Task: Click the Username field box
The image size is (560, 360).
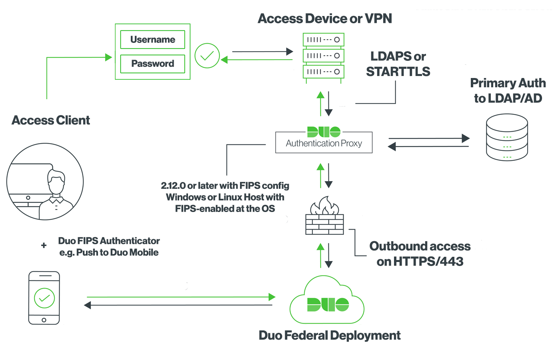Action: [x=152, y=40]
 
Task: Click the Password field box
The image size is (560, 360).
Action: [x=152, y=64]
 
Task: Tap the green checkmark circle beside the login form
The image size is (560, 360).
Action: [x=207, y=56]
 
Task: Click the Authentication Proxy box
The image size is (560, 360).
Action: [x=324, y=143]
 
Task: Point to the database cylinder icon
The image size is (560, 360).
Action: [x=507, y=137]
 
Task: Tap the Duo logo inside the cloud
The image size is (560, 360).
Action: [x=328, y=304]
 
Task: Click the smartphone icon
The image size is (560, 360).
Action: [x=44, y=298]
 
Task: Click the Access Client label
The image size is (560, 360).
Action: [x=51, y=120]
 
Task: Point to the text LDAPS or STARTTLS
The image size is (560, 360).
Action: [x=398, y=64]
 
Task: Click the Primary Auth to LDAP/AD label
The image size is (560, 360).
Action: [x=508, y=90]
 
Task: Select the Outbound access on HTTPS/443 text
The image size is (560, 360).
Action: [x=420, y=254]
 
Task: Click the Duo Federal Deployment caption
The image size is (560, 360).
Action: [x=329, y=335]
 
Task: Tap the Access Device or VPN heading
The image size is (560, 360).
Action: [x=324, y=18]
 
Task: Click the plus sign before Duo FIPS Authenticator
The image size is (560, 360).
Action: [x=44, y=245]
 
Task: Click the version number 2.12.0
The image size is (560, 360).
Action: [x=173, y=186]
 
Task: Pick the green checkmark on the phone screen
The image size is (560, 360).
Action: [x=44, y=298]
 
